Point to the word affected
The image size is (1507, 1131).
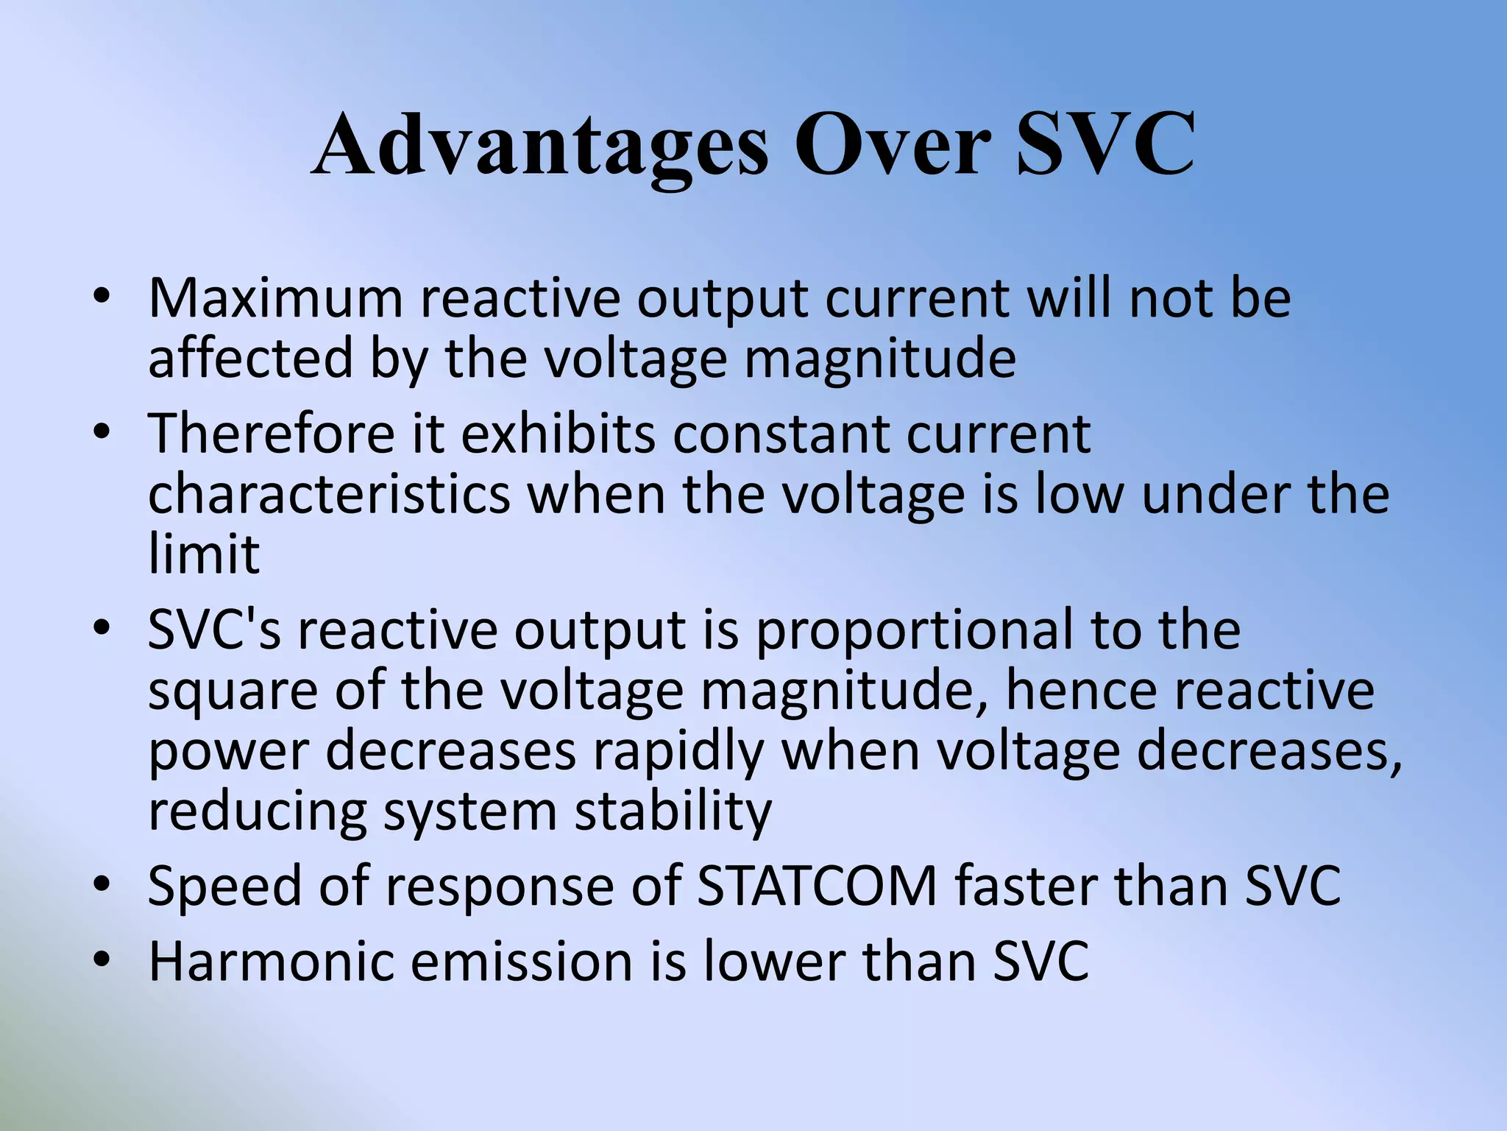(251, 359)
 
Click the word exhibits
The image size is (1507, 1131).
(558, 434)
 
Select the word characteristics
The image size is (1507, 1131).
(329, 494)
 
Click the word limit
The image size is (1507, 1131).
(204, 554)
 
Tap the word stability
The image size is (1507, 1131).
(673, 811)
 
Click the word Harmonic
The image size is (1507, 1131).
(272, 961)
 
